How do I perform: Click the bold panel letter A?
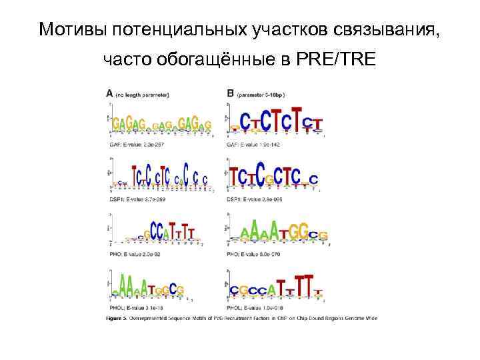pyautogui.click(x=109, y=94)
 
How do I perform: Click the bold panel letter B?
pyautogui.click(x=231, y=94)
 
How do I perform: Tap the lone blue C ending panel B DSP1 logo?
pyautogui.click(x=313, y=179)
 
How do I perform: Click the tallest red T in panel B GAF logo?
pyautogui.click(x=297, y=121)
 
